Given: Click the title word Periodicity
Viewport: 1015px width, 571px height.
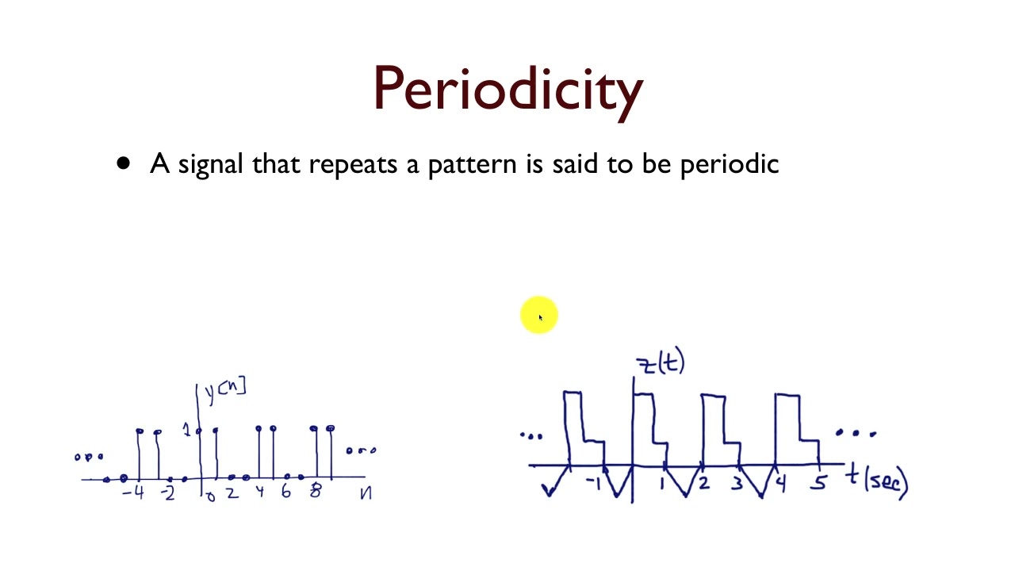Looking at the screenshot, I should tap(507, 89).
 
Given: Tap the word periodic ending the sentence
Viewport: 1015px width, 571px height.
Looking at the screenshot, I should tap(730, 164).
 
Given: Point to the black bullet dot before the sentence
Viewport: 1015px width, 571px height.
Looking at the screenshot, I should tap(123, 163).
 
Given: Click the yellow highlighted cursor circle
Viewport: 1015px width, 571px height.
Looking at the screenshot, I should tap(539, 316).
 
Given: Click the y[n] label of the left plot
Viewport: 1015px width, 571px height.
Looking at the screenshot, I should tap(225, 389).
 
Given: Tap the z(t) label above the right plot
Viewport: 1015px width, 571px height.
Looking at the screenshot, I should tap(661, 363).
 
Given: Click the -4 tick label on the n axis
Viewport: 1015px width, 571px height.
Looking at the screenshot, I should tap(133, 493).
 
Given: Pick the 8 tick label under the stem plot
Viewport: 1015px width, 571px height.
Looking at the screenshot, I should tap(315, 492).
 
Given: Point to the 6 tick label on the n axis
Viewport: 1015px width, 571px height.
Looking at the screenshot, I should tap(285, 492).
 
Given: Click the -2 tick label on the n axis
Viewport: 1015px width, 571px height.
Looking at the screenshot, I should tap(167, 493).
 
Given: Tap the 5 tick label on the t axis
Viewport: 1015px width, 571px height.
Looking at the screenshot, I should tap(818, 481).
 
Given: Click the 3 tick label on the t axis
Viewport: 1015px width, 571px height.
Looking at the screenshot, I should tap(737, 481).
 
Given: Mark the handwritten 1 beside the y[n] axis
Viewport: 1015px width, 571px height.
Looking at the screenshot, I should tap(187, 430).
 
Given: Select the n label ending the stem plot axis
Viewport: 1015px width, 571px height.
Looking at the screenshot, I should tap(365, 493).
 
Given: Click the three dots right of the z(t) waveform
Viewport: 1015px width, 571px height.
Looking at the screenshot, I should tap(856, 433).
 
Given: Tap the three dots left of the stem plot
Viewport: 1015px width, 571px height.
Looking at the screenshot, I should tap(89, 457).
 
